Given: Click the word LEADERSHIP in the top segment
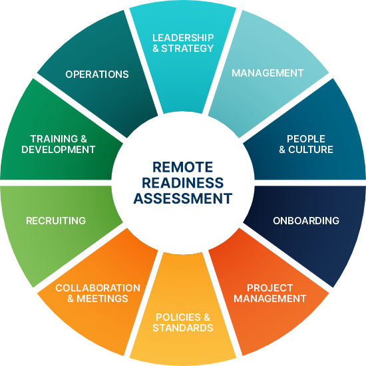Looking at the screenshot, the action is [183, 38].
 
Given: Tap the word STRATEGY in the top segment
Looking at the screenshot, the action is [188, 49].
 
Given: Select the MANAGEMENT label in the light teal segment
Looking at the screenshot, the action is [268, 73].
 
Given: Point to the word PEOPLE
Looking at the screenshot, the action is [306, 139].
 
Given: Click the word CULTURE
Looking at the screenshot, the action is [311, 149].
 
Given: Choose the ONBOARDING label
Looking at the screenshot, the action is [306, 220].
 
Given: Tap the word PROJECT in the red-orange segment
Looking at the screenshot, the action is [270, 288].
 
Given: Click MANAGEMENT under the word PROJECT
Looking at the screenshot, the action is [270, 299].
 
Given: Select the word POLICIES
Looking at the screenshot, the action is [178, 317].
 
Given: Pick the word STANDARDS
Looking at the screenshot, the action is [183, 327].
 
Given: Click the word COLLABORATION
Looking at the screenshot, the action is [98, 288].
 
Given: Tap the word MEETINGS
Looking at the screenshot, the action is [102, 299].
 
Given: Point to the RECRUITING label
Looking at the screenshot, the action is [56, 220].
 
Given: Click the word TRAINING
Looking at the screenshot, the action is [54, 139].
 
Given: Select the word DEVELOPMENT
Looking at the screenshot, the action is [59, 149].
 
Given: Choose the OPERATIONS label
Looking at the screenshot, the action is [97, 75].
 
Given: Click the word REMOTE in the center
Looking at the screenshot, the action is [182, 167].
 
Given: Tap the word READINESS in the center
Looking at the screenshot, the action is [182, 183].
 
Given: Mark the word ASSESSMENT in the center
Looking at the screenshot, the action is [182, 198].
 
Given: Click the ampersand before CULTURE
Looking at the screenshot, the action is [282, 150].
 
